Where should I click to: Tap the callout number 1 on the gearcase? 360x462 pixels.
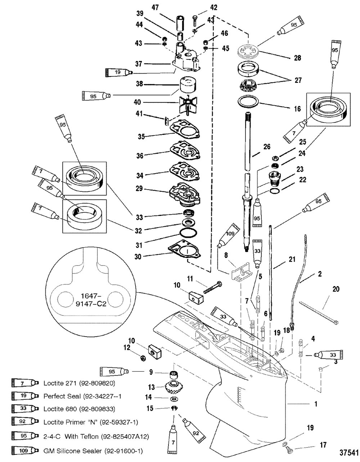[316, 404]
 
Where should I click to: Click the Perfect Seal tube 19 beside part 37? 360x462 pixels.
[119, 72]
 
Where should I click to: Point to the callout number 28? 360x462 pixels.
[298, 58]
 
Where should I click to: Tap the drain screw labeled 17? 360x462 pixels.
[288, 448]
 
